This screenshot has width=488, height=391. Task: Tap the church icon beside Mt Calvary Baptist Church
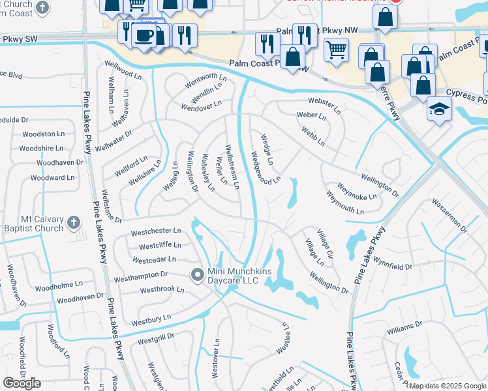click(x=74, y=224)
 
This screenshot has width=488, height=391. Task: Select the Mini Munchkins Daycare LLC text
click(x=233, y=276)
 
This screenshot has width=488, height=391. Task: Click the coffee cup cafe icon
click(x=144, y=35)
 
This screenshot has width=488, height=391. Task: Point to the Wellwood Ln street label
click(x=123, y=70)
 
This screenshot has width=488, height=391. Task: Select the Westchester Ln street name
click(x=155, y=231)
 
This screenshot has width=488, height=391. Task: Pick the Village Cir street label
click(x=325, y=242)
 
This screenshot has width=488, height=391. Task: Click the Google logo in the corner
click(x=22, y=383)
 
